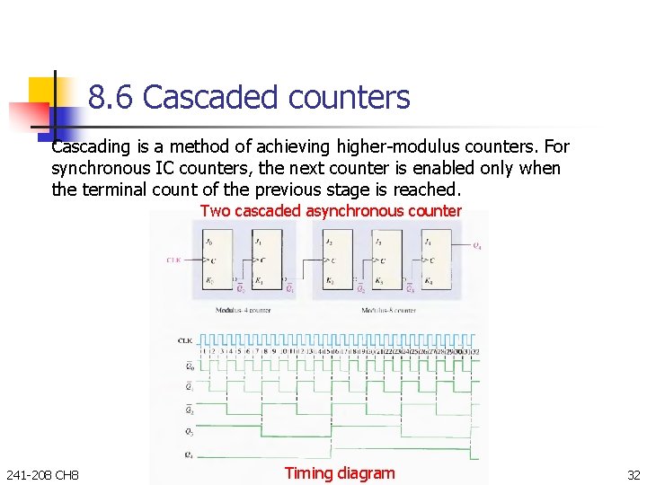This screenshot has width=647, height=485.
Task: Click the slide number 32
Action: coord(634,474)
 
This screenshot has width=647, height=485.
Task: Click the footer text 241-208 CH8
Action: coord(42,474)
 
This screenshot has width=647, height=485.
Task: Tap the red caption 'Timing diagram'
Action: coord(339,473)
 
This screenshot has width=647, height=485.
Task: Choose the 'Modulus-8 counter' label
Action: coord(387,310)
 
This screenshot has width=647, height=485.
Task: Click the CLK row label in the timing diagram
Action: coord(184,340)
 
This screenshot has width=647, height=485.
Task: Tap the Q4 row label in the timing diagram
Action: coord(187,454)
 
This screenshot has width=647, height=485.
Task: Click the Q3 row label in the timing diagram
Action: coord(187,432)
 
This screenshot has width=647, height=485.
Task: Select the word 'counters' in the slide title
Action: coord(356,97)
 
